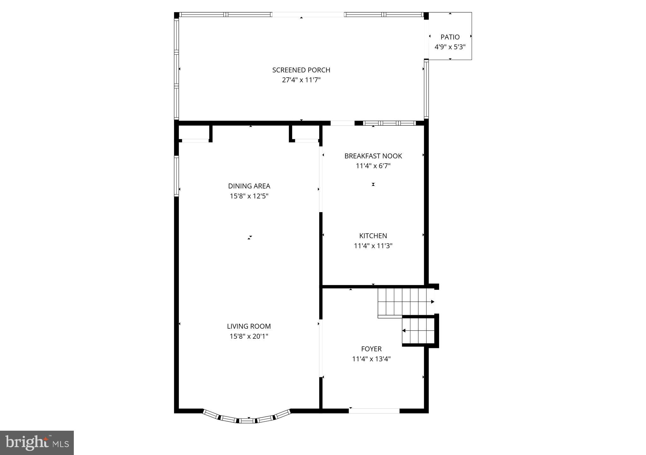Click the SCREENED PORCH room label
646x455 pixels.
click(301, 70)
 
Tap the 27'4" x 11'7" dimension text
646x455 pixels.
click(301, 80)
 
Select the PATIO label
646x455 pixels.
click(450, 37)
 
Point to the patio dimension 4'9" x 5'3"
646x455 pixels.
click(450, 47)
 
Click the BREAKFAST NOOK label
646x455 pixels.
click(373, 156)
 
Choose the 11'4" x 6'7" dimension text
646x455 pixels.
click(373, 166)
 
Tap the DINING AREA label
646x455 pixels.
click(249, 186)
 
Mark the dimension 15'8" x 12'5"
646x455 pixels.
click(249, 196)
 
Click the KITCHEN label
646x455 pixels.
click(373, 236)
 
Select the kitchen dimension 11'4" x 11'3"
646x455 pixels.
click(373, 246)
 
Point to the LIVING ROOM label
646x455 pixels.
click(249, 326)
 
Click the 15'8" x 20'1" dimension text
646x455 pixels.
click(249, 337)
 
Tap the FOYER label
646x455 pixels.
click(371, 349)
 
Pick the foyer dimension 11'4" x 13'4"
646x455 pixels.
click(371, 359)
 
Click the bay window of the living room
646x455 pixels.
click(247, 420)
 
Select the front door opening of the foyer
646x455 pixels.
click(374, 411)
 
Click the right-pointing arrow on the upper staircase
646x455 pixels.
click(432, 302)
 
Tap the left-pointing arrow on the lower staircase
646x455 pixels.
click(404, 331)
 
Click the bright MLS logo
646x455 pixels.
click(37, 443)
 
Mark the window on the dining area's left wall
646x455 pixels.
click(177, 176)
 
